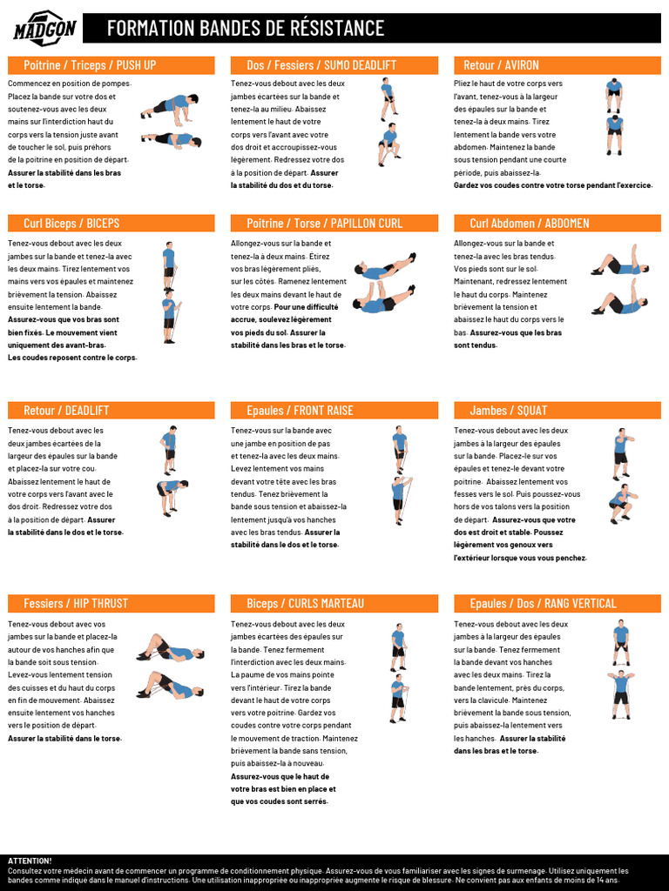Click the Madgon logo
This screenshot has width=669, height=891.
pos(45,28)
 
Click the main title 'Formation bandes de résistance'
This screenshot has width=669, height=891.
pos(245,28)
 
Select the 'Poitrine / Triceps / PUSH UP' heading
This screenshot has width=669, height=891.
pos(90,65)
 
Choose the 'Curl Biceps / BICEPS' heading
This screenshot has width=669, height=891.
pos(71,224)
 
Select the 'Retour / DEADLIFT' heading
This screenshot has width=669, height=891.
pos(66,411)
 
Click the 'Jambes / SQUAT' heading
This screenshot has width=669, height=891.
pos(509,411)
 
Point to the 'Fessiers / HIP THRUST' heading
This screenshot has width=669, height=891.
pos(76,604)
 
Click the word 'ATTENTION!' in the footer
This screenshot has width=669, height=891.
pos(30,861)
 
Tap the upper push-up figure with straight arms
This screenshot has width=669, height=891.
pos(170,105)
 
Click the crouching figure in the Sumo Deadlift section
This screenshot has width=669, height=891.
pos(389,144)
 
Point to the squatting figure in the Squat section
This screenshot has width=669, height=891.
pos(620,504)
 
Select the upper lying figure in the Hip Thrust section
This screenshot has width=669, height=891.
pos(169,648)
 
